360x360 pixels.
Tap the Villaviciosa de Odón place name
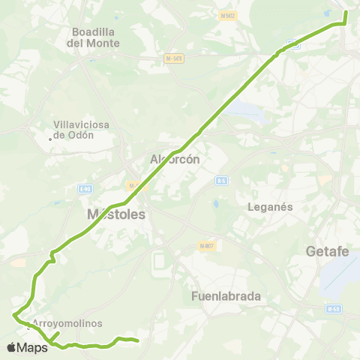click(84, 130)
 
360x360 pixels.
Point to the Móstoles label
click(115, 214)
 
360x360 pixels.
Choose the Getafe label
click(328, 252)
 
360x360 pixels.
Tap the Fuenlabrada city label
click(226, 295)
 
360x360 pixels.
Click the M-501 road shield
click(175, 58)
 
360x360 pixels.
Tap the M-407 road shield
click(208, 246)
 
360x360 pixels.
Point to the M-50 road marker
click(333, 308)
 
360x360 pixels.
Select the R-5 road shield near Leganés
click(221, 181)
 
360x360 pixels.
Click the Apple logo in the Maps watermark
click(11, 347)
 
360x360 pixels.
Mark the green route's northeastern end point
click(346, 12)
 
